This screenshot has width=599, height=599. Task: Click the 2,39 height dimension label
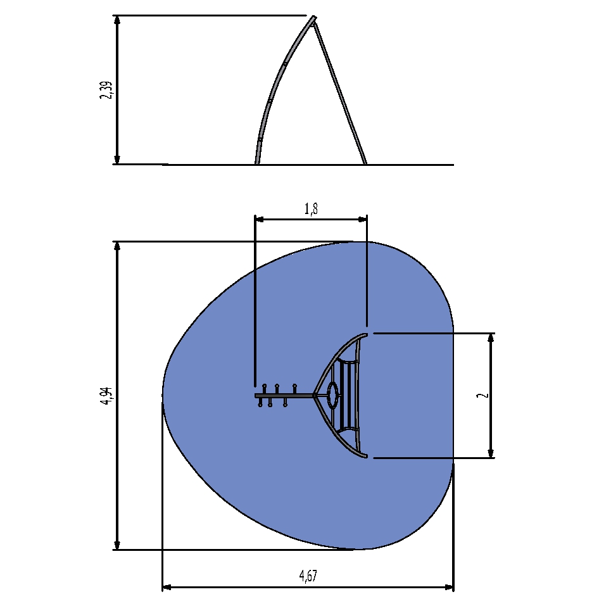(x=106, y=90)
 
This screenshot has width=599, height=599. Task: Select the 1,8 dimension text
(x=311, y=209)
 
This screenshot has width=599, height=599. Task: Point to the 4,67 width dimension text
(x=308, y=576)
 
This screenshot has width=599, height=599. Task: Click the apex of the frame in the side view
(x=313, y=18)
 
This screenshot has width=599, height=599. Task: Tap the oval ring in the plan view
(x=332, y=395)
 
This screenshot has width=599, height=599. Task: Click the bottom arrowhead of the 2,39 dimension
(x=117, y=160)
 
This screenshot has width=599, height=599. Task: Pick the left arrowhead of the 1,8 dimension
(x=260, y=219)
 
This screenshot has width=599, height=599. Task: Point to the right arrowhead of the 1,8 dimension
(x=362, y=219)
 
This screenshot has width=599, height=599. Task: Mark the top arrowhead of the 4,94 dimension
(x=117, y=246)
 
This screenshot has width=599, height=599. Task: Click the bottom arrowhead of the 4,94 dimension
(x=117, y=545)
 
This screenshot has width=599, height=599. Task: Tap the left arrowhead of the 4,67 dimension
(x=167, y=587)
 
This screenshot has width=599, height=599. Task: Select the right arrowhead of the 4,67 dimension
(x=448, y=587)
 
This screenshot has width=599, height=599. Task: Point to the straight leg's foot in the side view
(x=365, y=163)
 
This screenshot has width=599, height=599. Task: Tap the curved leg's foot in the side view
(x=257, y=163)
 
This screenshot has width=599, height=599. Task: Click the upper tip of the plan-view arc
(x=365, y=335)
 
